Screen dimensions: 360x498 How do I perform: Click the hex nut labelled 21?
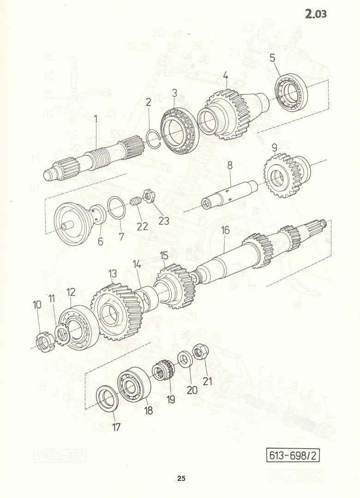pos(200,351)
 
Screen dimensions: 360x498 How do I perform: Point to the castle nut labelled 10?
pos(43,341)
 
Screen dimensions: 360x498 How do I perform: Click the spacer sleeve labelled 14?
pos(147,298)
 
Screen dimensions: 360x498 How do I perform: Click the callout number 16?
pos(225,230)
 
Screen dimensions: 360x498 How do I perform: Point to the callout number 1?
pos(95,119)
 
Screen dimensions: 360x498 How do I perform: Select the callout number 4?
pos(226,76)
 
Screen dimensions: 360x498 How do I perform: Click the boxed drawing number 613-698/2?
pos(293,456)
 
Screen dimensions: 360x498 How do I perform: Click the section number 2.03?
pos(316,14)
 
